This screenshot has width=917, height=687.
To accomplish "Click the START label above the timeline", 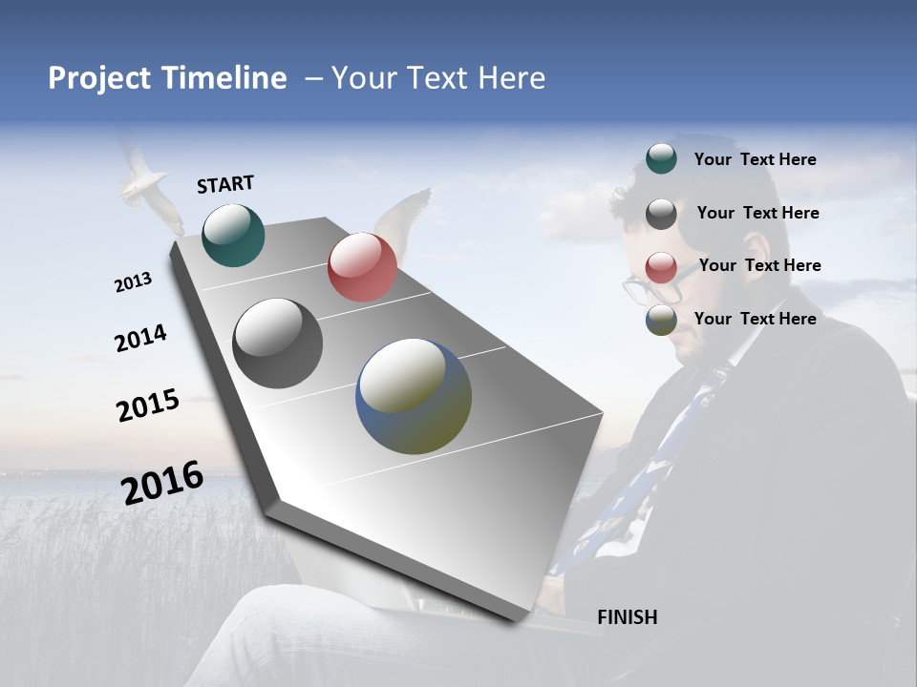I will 225,184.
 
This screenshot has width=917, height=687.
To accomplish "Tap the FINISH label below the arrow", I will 627,617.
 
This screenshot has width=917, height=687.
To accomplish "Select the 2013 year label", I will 133,282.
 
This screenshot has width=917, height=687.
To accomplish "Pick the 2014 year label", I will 140,339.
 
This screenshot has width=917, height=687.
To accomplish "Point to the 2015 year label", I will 147,406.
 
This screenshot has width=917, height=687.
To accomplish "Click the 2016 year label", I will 162,483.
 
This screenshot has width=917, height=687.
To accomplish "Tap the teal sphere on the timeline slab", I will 233,235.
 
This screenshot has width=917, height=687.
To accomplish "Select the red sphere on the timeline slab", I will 362,267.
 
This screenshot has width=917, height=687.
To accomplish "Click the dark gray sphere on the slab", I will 277,343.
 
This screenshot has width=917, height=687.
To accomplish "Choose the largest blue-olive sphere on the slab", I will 414,396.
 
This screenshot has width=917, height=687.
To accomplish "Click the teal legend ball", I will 661,159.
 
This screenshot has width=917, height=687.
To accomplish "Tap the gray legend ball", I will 661,214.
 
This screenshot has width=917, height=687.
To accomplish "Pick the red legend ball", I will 661,267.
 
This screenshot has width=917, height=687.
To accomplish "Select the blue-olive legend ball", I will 661,320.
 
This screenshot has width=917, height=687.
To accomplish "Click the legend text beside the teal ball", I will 755,160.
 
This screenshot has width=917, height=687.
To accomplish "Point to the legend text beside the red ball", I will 759,265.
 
